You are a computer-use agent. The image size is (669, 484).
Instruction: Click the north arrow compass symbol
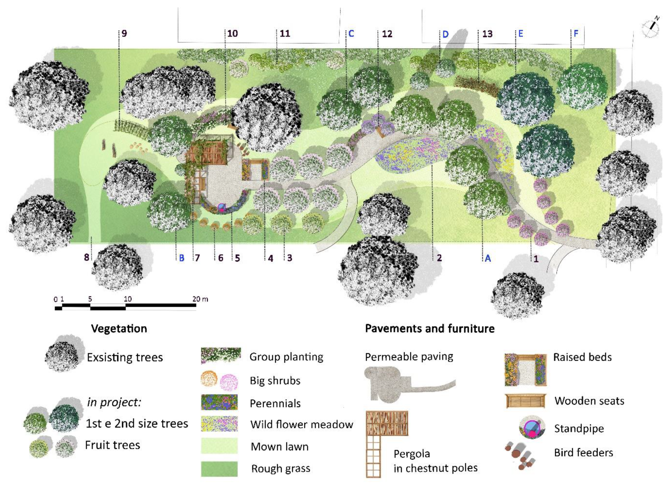(x=650, y=28)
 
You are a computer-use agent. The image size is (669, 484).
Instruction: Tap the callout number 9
(x=124, y=33)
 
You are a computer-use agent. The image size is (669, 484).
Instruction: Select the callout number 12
(x=387, y=34)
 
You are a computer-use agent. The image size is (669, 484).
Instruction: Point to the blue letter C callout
(x=351, y=34)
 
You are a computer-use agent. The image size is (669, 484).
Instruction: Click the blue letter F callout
(x=576, y=34)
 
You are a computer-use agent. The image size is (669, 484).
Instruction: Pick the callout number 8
(x=86, y=257)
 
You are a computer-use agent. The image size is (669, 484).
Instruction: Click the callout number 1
(x=536, y=259)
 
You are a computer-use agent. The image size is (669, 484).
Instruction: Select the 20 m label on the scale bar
(x=200, y=299)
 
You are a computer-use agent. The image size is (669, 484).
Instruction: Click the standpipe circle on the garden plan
(x=221, y=207)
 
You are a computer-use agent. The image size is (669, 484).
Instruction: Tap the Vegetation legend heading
(x=119, y=329)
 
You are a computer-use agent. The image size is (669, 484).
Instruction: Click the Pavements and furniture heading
(x=430, y=329)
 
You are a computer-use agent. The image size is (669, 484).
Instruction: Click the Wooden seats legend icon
(x=525, y=401)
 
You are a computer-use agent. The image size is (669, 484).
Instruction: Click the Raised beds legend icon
(x=525, y=369)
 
